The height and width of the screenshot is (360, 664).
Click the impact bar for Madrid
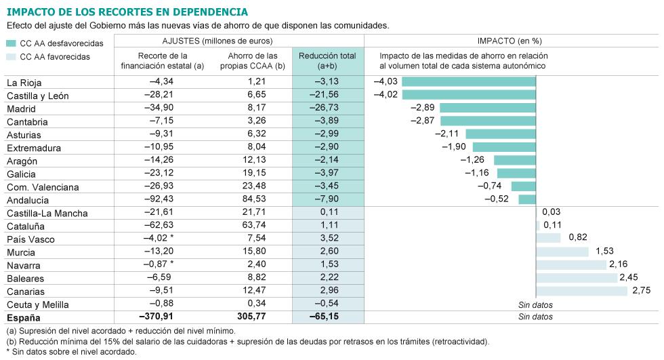(488, 108)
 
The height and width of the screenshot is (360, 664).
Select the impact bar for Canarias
(582, 291)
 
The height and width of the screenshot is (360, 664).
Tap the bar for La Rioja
(469, 82)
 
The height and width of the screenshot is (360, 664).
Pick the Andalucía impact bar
(527, 199)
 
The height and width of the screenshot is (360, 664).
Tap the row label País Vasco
(30, 239)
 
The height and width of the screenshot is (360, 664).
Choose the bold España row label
(24, 317)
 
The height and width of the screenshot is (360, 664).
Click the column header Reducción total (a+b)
(327, 60)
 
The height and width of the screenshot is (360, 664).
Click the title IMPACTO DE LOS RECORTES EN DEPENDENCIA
(127, 12)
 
